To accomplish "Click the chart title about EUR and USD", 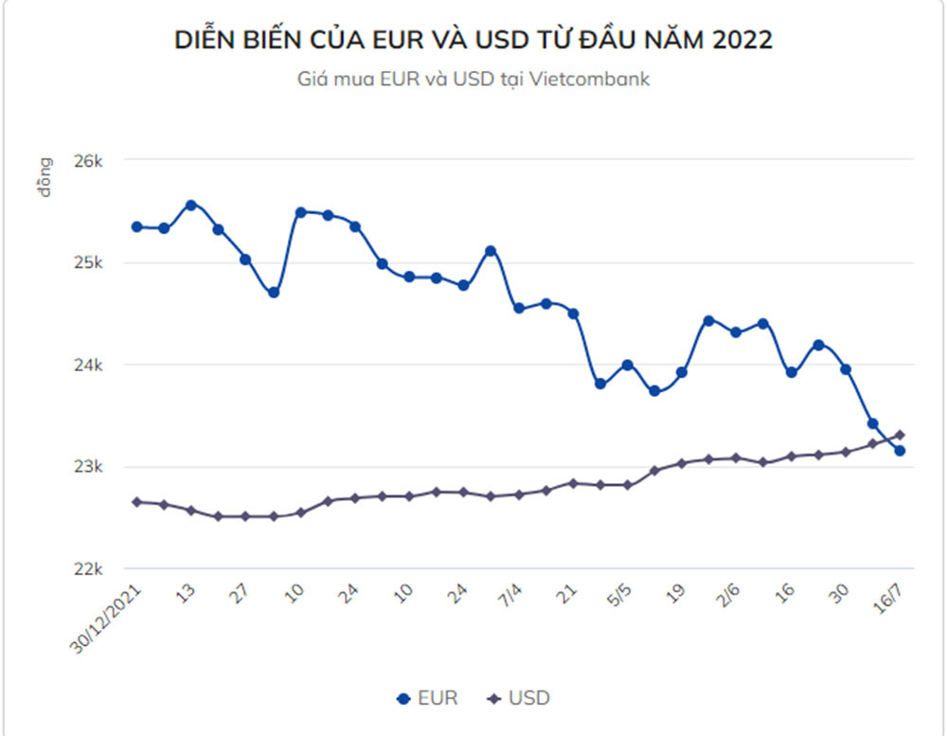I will click(x=473, y=40).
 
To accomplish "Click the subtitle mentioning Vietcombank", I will click(x=473, y=80).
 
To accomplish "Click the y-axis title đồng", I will click(x=45, y=177).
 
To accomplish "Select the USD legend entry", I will click(x=517, y=699).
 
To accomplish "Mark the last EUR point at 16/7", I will click(x=900, y=451).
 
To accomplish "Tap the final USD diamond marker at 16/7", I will click(x=900, y=435).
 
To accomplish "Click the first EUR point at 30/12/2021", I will click(x=136, y=227).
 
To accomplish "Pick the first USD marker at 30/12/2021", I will click(x=136, y=501).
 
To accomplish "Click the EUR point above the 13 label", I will click(x=190, y=205).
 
